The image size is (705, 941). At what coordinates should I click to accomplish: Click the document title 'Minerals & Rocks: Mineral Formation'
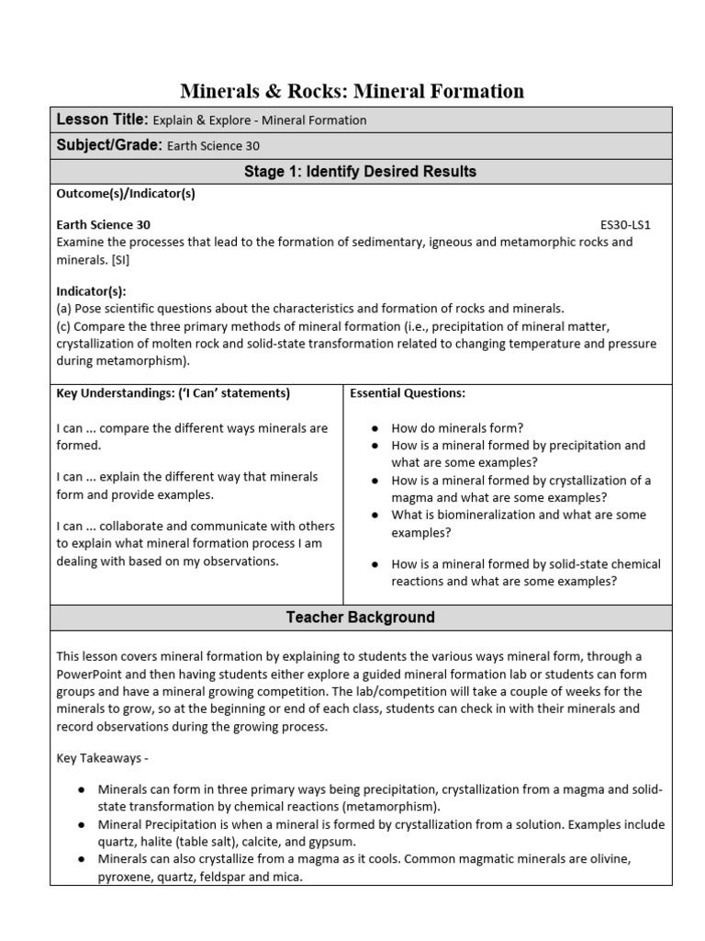[352, 91]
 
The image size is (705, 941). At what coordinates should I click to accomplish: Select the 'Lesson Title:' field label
[102, 119]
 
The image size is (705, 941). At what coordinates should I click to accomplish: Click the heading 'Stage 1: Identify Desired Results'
[360, 172]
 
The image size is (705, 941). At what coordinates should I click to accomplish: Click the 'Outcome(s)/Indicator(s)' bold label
[126, 194]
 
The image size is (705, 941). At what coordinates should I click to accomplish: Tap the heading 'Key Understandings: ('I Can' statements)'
[173, 393]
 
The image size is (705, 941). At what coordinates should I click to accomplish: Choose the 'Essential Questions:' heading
[408, 393]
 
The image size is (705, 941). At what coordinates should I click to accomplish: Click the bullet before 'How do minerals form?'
[376, 428]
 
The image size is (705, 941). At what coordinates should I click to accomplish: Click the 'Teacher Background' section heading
[360, 618]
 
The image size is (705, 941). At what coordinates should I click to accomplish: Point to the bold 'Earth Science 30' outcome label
[104, 224]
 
